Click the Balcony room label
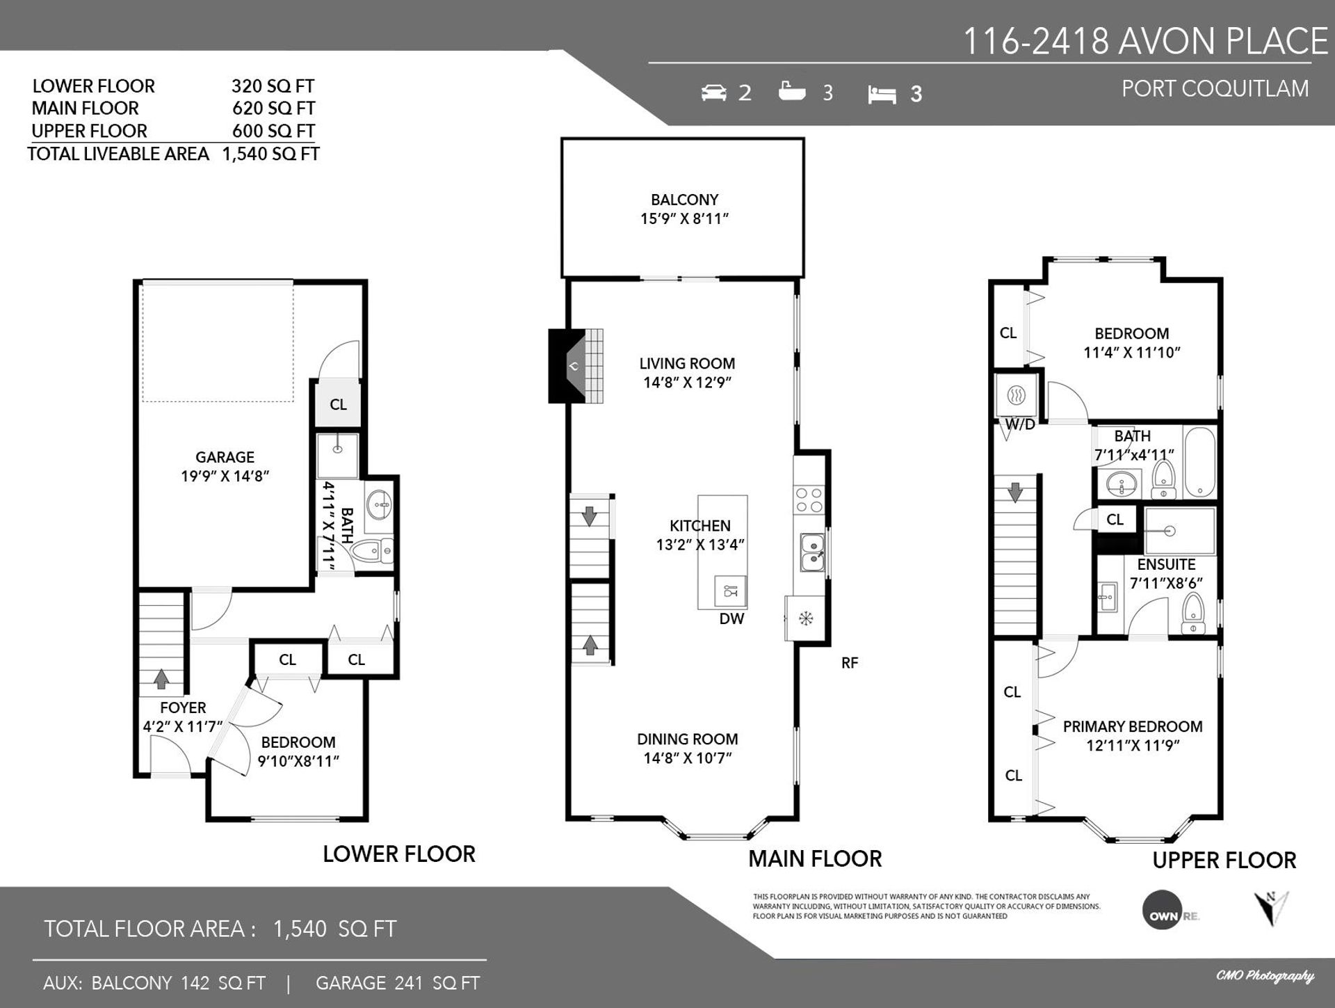click(x=684, y=200)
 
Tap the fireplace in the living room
click(x=575, y=365)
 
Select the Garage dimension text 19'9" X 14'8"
click(x=225, y=477)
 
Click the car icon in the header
click(x=713, y=92)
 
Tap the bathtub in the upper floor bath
click(x=1199, y=462)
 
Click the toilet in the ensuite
click(x=1193, y=613)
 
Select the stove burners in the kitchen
click(x=809, y=499)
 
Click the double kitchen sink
click(x=812, y=552)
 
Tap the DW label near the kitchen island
click(x=731, y=618)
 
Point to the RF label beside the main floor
click(x=850, y=663)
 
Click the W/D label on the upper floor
click(x=1020, y=425)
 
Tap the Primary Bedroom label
click(x=1133, y=726)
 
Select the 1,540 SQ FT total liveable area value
click(x=270, y=154)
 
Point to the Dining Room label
click(x=688, y=739)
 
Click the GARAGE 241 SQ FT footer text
click(x=398, y=983)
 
